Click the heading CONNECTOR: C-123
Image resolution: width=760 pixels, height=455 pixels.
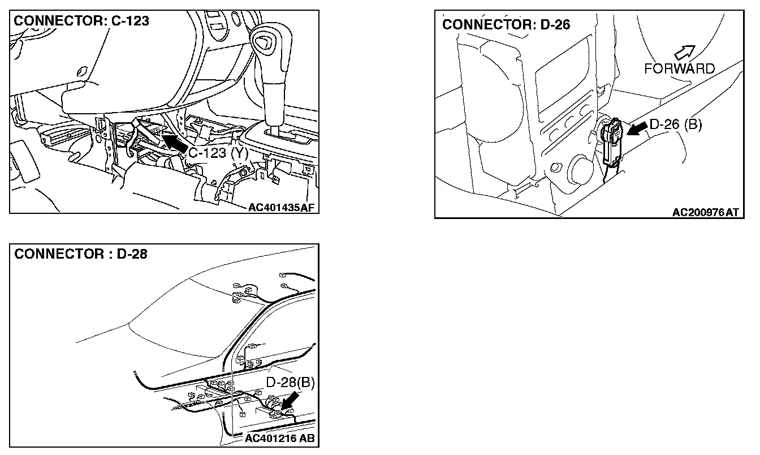81,21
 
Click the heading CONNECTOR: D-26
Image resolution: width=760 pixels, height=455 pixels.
506,24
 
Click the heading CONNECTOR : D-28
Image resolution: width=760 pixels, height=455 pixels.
81,254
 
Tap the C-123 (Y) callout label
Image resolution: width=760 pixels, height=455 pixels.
218,153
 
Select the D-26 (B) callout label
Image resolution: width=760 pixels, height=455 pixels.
676,125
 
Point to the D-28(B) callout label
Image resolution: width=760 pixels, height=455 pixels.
290,383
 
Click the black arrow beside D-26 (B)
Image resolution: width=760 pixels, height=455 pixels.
637,129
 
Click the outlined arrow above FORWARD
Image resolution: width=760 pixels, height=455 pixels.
685,53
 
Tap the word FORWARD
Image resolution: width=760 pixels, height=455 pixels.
679,69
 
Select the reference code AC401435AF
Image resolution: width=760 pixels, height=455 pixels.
281,208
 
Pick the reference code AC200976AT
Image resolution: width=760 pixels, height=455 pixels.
705,213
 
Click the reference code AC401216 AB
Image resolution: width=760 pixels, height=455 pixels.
279,438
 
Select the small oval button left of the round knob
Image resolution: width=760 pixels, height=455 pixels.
556,167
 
